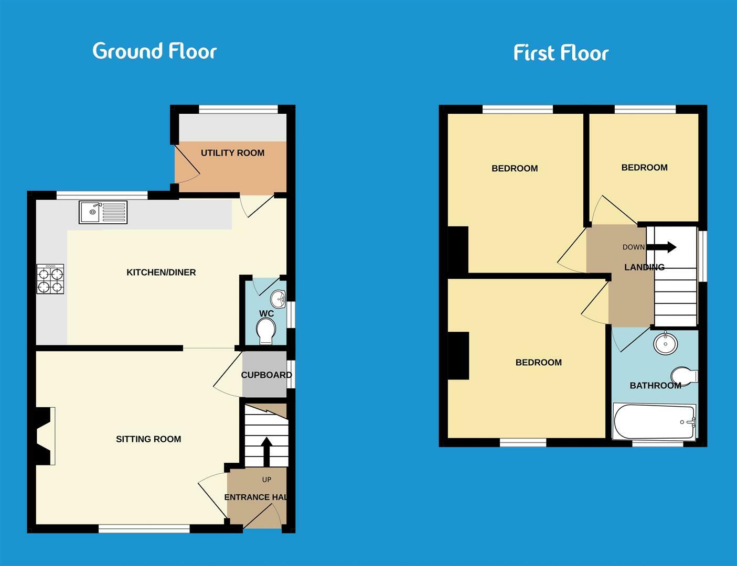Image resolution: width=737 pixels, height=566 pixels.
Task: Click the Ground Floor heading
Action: (x=154, y=51)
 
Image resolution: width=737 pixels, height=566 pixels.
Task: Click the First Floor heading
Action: (x=561, y=53)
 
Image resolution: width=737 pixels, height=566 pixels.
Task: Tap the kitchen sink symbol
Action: (x=103, y=212)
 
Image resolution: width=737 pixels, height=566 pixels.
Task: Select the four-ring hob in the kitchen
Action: (x=50, y=279)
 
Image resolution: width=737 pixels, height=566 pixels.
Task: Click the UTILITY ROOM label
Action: (x=232, y=153)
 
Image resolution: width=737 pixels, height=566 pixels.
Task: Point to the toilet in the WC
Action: (x=266, y=332)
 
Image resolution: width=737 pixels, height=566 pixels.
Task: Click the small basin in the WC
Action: (x=277, y=300)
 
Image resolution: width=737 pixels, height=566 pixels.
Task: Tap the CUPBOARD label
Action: (x=266, y=375)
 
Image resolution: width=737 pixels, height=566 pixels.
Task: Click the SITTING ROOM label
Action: (x=148, y=439)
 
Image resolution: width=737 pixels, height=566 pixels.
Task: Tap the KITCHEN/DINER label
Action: (x=161, y=273)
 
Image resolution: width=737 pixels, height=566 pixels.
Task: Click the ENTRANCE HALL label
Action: (x=255, y=497)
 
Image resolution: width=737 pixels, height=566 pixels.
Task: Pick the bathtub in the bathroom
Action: (x=654, y=422)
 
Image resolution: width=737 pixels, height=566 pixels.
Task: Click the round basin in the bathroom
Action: (x=666, y=344)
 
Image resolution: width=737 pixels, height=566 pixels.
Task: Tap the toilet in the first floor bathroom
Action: (x=684, y=375)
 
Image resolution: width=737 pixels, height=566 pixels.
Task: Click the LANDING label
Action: (x=644, y=267)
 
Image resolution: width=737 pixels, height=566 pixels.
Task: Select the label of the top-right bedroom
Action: (x=644, y=168)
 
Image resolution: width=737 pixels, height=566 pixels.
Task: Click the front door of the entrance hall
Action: (x=262, y=516)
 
